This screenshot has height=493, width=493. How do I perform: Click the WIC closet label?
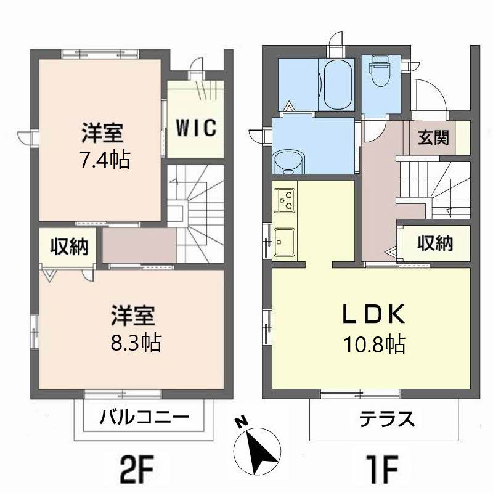tap(196, 128)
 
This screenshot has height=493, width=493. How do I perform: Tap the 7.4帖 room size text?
tap(105, 160)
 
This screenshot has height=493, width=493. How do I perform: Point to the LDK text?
tap(374, 314)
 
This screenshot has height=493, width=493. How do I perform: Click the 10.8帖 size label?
tap(375, 344)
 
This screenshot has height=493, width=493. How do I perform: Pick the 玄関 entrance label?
tap(433, 137)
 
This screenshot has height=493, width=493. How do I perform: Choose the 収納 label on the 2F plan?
tap(69, 247)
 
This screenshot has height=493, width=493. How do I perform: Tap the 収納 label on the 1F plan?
tap(435, 243)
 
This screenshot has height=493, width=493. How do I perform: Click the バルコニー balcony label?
tap(145, 417)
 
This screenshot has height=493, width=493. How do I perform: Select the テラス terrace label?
tap(386, 419)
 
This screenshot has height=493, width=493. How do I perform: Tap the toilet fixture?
tap(380, 71)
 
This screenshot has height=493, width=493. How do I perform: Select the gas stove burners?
tap(285, 200)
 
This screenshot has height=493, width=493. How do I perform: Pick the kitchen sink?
tap(285, 242)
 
